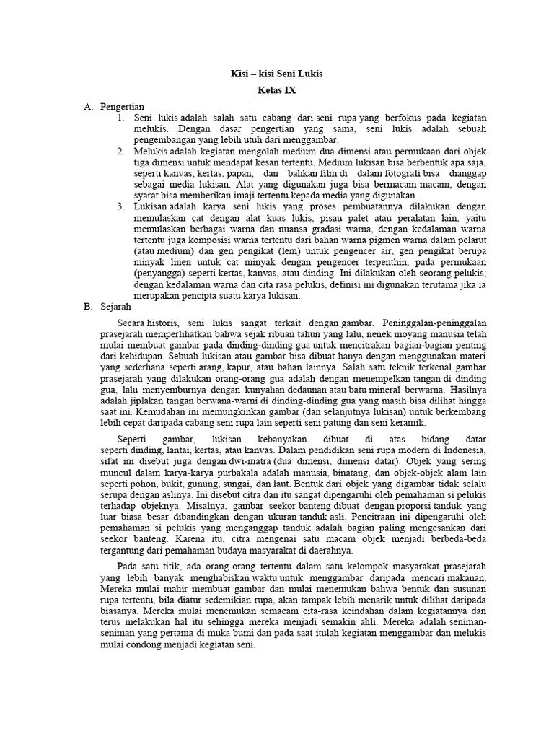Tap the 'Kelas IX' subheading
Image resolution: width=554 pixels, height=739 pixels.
[276, 90]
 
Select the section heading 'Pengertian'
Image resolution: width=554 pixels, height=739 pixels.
[123, 106]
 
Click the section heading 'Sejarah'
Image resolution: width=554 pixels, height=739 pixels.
[117, 306]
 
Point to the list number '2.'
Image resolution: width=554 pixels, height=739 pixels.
[120, 151]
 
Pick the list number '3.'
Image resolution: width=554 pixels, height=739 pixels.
[120, 206]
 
